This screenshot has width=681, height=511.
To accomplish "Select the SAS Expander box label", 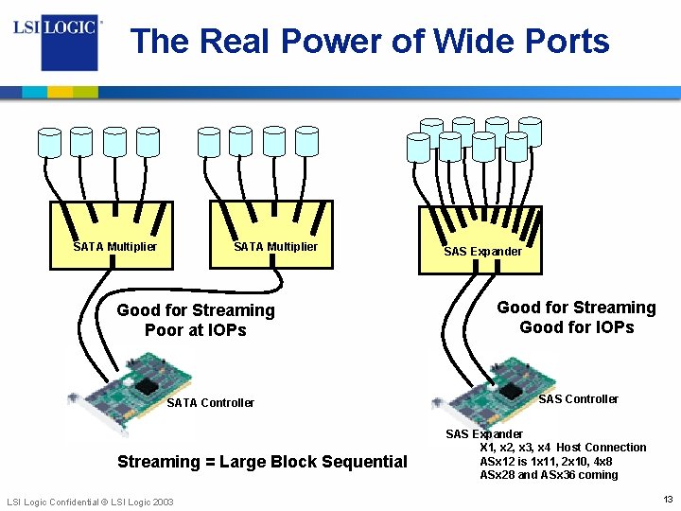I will (482, 252).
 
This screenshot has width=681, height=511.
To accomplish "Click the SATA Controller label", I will (210, 403).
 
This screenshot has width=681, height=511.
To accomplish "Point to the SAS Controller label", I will (578, 399).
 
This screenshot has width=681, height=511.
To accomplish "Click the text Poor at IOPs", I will (195, 330).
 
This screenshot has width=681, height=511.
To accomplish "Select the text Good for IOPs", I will (576, 327).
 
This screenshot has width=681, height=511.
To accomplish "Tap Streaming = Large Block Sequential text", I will (262, 462).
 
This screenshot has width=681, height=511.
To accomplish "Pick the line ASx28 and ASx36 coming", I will (549, 475).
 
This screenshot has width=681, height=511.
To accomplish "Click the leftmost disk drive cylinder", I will (49, 142).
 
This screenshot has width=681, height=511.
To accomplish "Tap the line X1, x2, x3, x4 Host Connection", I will (563, 448).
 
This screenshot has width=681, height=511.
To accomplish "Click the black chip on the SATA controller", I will (146, 385).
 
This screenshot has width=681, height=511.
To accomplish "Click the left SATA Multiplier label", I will (114, 247).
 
